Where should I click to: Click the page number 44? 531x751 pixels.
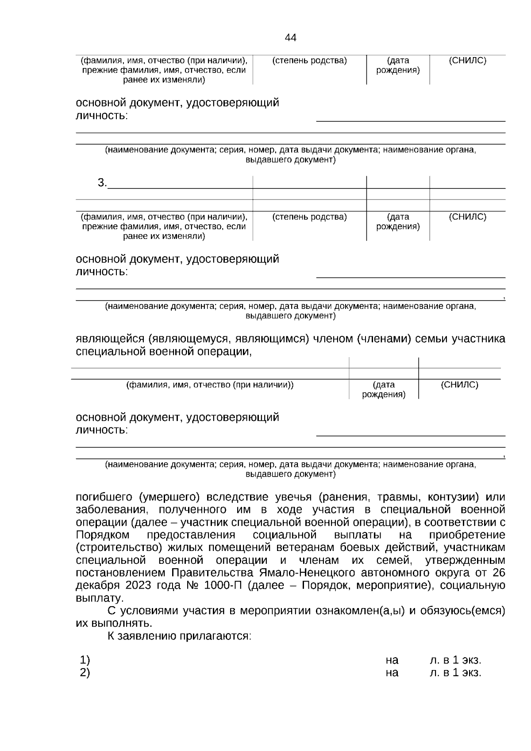tap(291, 38)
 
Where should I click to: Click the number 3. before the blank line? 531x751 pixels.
tap(102, 182)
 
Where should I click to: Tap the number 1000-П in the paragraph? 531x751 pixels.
tap(223, 585)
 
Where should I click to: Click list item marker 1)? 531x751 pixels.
tap(85, 660)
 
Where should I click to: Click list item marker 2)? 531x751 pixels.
tap(85, 673)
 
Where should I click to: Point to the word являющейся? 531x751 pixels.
tap(110, 339)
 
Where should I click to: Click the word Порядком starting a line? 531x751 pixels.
tap(103, 535)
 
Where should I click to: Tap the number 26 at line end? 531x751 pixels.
tap(499, 573)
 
